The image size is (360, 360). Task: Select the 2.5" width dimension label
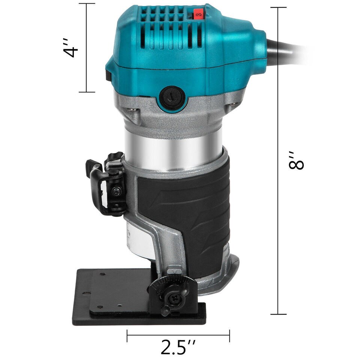tap(178, 347)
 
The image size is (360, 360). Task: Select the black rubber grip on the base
tap(184, 210)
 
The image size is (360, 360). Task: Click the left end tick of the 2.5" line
tap(127, 336)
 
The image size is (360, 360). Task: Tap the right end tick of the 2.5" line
tap(229, 336)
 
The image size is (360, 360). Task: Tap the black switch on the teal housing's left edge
tap(108, 71)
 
